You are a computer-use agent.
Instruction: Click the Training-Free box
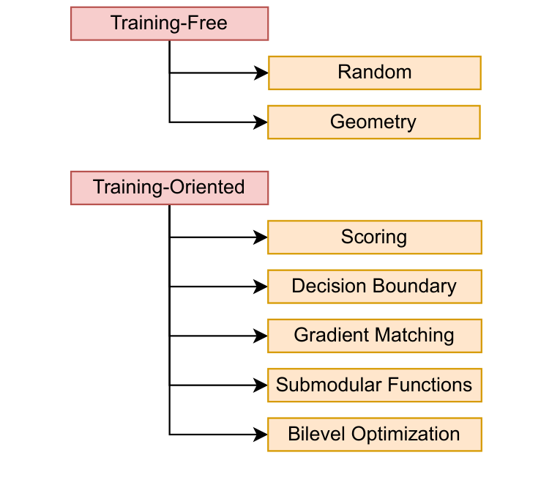pyautogui.click(x=169, y=23)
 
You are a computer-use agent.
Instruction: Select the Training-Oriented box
pyautogui.click(x=169, y=188)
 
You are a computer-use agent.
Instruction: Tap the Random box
pyautogui.click(x=374, y=73)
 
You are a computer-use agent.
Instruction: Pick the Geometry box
pyautogui.click(x=373, y=122)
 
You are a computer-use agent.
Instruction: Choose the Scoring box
pyautogui.click(x=374, y=237)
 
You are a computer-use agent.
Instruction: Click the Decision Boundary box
pyautogui.click(x=374, y=287)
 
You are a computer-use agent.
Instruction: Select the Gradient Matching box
pyautogui.click(x=374, y=336)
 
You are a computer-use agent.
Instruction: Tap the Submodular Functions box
pyautogui.click(x=374, y=385)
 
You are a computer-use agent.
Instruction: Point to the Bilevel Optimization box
pyautogui.click(x=374, y=434)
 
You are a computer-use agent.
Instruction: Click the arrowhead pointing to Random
pyautogui.click(x=261, y=73)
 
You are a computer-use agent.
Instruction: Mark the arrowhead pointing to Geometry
pyautogui.click(x=261, y=122)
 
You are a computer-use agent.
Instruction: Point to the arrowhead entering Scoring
pyautogui.click(x=261, y=237)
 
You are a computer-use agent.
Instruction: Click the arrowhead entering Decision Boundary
pyautogui.click(x=261, y=287)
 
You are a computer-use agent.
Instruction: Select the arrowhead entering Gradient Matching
pyautogui.click(x=261, y=336)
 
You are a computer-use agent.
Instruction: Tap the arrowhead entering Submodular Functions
pyautogui.click(x=261, y=385)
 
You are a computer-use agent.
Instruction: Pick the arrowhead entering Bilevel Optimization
pyautogui.click(x=261, y=434)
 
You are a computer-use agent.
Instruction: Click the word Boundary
pyautogui.click(x=415, y=287)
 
